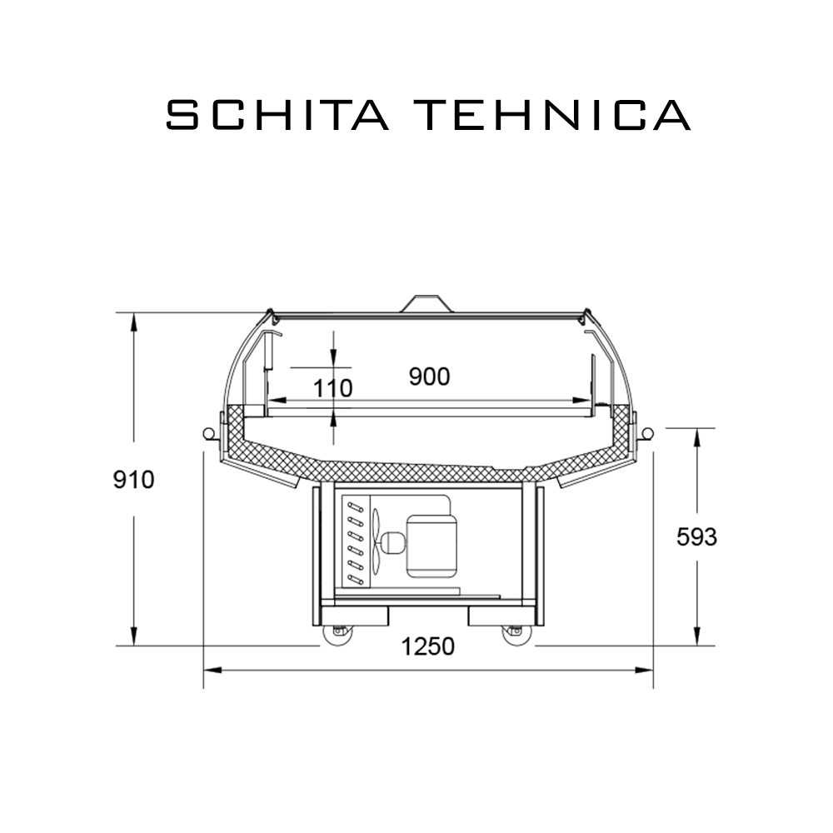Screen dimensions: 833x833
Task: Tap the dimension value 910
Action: pyautogui.click(x=134, y=480)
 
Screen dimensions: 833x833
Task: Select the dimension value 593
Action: pyautogui.click(x=696, y=537)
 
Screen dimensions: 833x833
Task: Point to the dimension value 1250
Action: pyautogui.click(x=427, y=646)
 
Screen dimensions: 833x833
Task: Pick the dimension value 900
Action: pyautogui.click(x=429, y=377)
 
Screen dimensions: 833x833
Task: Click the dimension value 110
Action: pyautogui.click(x=332, y=388)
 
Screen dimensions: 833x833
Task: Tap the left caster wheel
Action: pyautogui.click(x=338, y=636)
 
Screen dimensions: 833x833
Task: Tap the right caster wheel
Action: pyautogui.click(x=517, y=636)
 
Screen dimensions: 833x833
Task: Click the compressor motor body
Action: pyautogui.click(x=431, y=546)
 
